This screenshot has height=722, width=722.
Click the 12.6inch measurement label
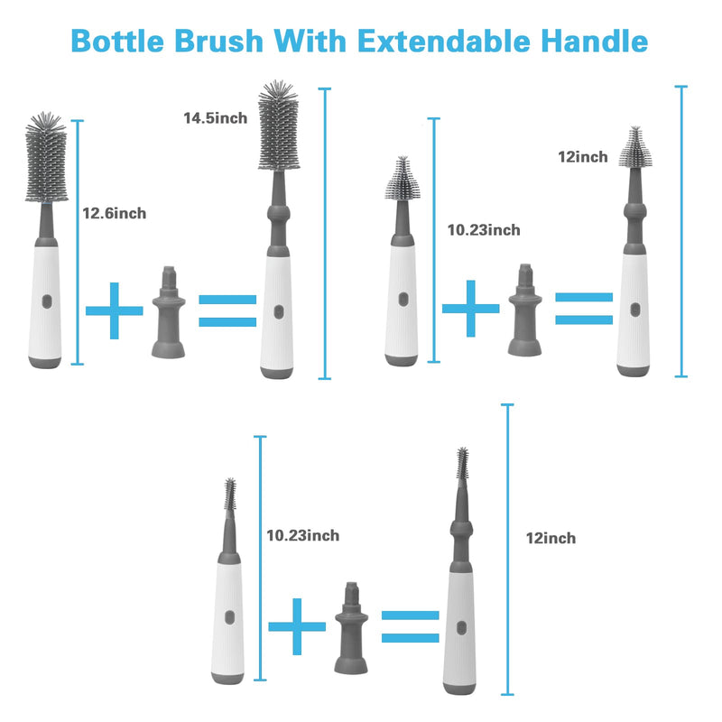coord(115,214)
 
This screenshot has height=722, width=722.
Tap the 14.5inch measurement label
coord(215,119)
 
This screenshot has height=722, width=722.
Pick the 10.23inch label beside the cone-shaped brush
coord(484,230)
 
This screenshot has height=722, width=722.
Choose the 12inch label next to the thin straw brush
coord(551,539)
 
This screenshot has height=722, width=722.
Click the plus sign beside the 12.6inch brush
coord(114,310)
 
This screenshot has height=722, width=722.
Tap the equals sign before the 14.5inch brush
coord(227,310)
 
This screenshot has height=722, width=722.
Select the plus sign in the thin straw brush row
coord(297,625)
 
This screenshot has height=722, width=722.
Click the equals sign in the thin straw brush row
coord(410,625)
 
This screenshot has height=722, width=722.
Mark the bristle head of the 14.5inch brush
coord(279,127)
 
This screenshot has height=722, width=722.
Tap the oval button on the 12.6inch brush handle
coord(47,301)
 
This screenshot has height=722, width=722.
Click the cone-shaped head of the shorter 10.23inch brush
coord(401,180)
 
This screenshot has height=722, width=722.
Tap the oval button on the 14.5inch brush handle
coord(279,311)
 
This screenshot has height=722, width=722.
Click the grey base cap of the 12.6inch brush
coord(45,361)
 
